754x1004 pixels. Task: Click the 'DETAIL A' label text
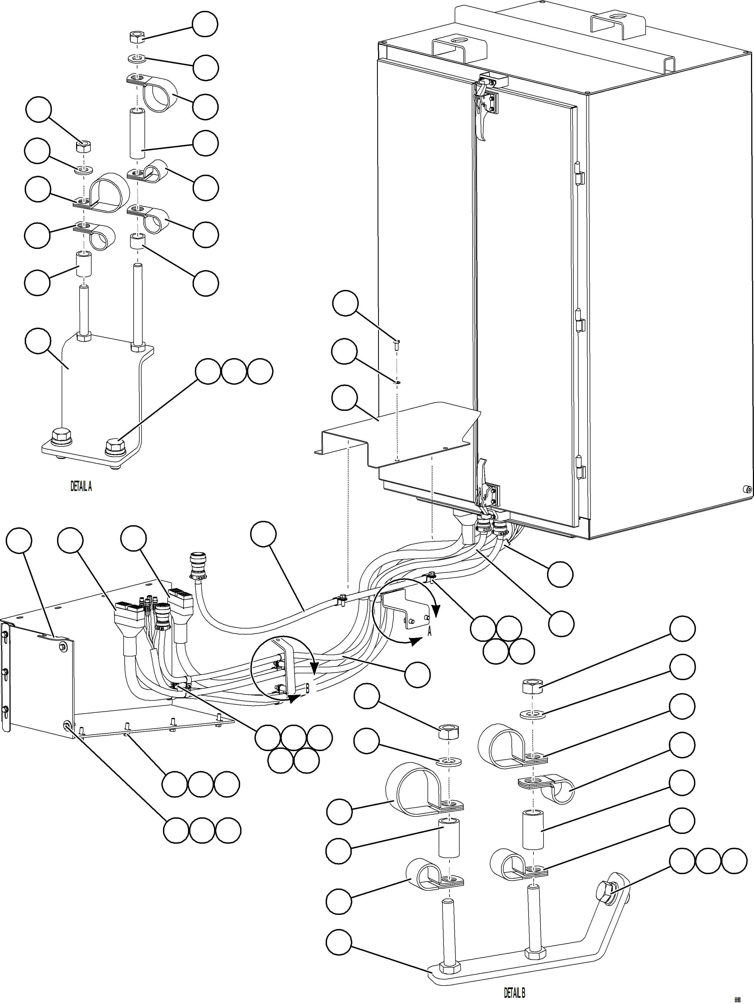[x=81, y=487]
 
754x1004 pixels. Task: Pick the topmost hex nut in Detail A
[x=136, y=37]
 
